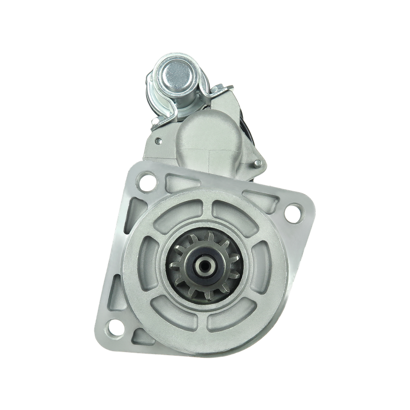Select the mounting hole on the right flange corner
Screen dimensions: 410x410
pos(293,211)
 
